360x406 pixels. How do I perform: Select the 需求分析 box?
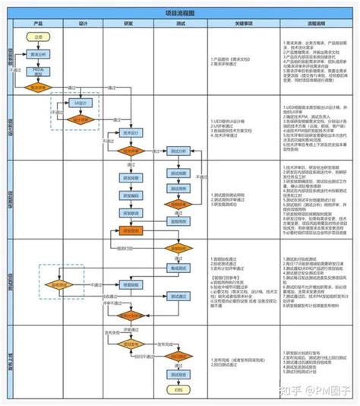pos(38,55)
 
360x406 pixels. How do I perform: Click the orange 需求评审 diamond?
pos(38,87)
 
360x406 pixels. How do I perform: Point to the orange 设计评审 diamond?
pos(82,119)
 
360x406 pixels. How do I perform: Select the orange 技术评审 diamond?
pos(129,151)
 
